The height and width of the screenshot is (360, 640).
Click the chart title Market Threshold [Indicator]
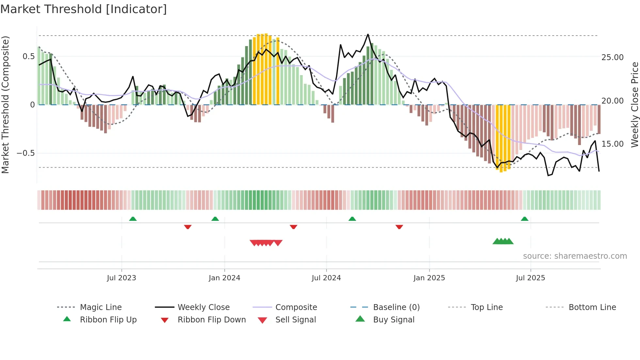click(x=84, y=9)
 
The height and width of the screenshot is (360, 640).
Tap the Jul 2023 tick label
click(x=121, y=278)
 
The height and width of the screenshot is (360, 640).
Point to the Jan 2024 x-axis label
click(x=224, y=278)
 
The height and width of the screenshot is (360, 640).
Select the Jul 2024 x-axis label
click(x=326, y=278)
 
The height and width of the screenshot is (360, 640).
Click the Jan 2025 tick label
click(x=429, y=278)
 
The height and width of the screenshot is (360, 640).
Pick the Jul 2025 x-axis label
click(x=530, y=278)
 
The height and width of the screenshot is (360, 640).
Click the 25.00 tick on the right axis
click(x=612, y=57)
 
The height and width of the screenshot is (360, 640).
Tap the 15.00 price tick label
click(x=612, y=144)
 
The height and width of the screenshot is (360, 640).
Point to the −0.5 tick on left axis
click(x=25, y=153)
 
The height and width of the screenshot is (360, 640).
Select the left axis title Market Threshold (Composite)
click(x=5, y=105)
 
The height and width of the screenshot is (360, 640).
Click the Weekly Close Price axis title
click(x=634, y=105)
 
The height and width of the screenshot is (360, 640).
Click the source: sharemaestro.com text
click(x=575, y=256)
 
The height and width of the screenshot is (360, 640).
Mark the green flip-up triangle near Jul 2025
click(x=524, y=219)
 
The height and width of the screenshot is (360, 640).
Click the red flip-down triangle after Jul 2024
click(x=399, y=227)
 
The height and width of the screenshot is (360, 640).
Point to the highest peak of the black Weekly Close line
click(x=368, y=34)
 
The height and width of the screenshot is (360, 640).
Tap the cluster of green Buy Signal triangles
click(x=503, y=241)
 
